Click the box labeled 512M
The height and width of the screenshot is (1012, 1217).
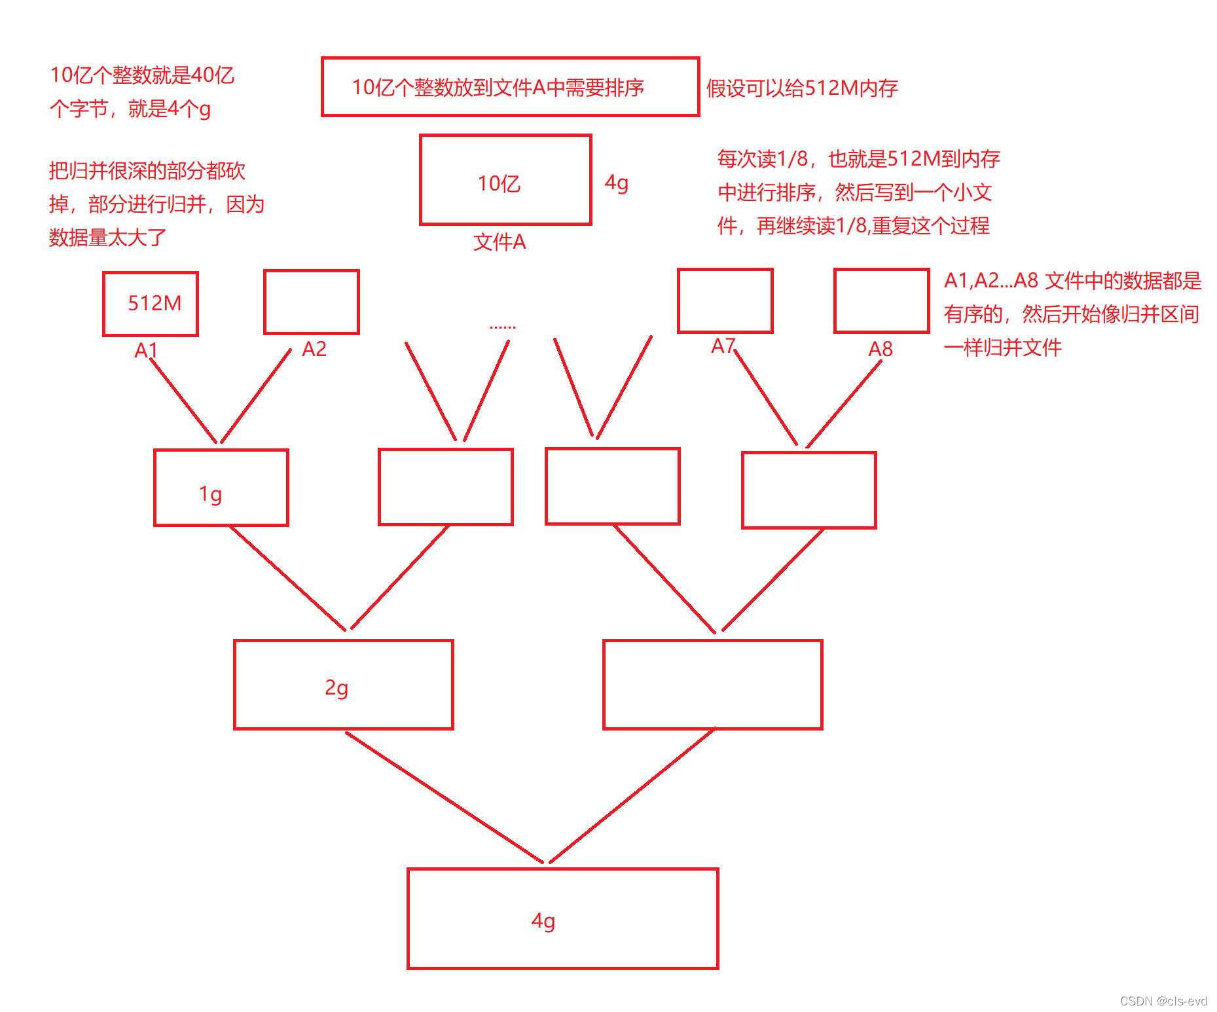(x=151, y=304)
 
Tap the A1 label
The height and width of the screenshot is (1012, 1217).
(x=145, y=350)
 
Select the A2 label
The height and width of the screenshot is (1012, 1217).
(x=314, y=349)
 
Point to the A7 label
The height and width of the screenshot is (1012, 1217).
(x=723, y=346)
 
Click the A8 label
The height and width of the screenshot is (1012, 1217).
(x=880, y=349)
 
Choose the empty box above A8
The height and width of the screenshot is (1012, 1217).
(x=881, y=300)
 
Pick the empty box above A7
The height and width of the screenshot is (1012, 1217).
(x=725, y=300)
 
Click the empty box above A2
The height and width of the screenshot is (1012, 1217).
(x=311, y=302)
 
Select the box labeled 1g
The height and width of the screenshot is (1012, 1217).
(x=221, y=488)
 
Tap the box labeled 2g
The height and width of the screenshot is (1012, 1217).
(x=343, y=685)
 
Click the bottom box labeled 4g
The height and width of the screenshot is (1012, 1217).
(x=562, y=918)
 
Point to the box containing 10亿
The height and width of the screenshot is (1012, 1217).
(x=505, y=180)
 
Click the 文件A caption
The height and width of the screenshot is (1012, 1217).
(x=500, y=242)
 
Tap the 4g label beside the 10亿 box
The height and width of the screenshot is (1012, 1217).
(x=616, y=182)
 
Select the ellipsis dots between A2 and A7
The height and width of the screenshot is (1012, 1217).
(x=502, y=326)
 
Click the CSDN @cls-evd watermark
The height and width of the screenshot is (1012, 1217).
(x=1163, y=1001)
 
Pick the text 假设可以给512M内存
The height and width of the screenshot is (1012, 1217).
(x=801, y=88)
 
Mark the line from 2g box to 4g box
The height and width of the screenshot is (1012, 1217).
(x=445, y=797)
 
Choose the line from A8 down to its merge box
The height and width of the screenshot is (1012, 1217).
(x=845, y=403)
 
